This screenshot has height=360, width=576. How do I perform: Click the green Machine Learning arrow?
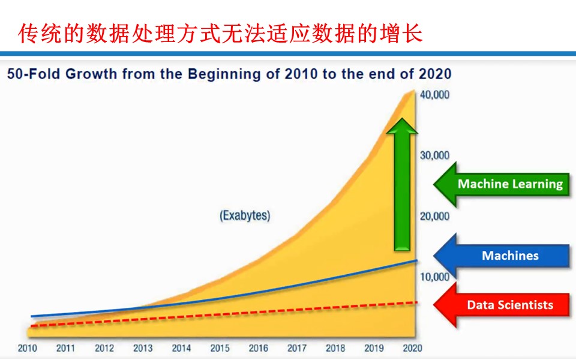[x=502, y=184]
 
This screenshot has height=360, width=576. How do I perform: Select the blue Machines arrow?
[x=502, y=256]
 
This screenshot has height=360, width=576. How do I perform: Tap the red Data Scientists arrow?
[x=502, y=305]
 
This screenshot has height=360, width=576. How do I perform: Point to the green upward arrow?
[x=402, y=184]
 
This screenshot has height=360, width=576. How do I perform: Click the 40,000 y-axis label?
[x=434, y=95]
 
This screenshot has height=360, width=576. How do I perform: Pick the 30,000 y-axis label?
[x=434, y=155]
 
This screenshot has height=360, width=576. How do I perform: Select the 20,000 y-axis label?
[x=434, y=217]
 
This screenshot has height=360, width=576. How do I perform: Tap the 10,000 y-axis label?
[x=434, y=277]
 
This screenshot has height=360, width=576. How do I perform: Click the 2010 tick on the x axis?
[x=27, y=348]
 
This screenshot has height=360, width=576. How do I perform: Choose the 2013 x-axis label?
[x=143, y=348]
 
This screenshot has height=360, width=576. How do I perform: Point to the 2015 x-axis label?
[x=220, y=348]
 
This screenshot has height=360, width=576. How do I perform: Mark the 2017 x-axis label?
[x=297, y=348]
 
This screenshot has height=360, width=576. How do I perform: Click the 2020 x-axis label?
[x=412, y=348]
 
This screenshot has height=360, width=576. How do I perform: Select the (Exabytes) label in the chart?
[x=245, y=215]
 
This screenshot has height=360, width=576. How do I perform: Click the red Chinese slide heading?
[x=220, y=34]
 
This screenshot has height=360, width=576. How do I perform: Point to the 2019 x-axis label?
[x=374, y=348]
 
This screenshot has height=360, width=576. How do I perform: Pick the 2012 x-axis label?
[x=104, y=348]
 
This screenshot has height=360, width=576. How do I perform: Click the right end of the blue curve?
[x=417, y=260]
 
